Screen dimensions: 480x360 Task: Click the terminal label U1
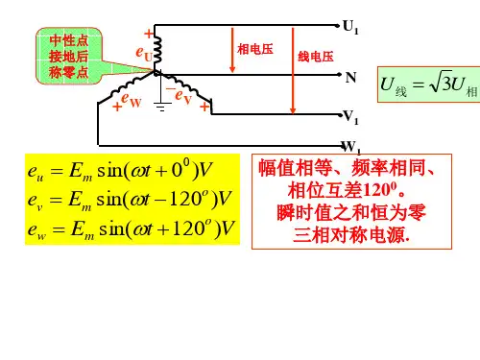[350, 27]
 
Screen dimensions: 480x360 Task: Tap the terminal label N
[350, 78]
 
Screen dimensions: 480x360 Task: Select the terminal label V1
[350, 117]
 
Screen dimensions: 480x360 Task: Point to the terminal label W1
[351, 147]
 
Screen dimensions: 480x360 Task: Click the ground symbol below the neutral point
[162, 107]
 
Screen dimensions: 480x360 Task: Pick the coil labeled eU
[157, 49]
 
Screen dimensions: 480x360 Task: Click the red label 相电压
[255, 49]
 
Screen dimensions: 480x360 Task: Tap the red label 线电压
[316, 57]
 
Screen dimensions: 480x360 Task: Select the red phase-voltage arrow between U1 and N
[232, 50]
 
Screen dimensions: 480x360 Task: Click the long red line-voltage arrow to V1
[293, 71]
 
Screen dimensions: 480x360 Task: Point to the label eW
[132, 100]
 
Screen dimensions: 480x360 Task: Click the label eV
[183, 96]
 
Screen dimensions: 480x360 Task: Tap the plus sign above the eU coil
[149, 34]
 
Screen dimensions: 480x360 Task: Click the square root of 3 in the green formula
[442, 83]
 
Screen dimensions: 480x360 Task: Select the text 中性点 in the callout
[69, 41]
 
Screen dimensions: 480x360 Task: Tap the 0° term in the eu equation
[180, 168]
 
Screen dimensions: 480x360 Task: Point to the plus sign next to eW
[117, 107]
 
